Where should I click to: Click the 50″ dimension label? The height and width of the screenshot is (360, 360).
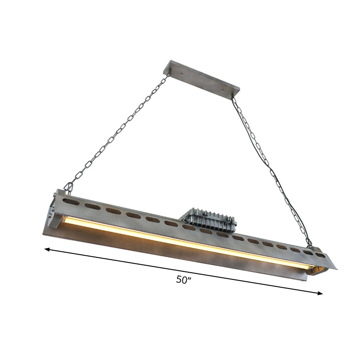point(184,279)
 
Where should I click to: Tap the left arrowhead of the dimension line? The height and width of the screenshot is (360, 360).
point(46,248)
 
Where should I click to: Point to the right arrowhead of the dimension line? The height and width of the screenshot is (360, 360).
point(320,293)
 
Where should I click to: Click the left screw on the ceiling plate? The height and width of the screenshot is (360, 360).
point(181,70)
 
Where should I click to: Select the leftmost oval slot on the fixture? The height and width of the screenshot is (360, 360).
point(75,198)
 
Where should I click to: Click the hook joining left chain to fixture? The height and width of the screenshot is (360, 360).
point(68,188)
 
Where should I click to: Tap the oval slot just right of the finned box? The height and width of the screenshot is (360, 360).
point(240,237)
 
